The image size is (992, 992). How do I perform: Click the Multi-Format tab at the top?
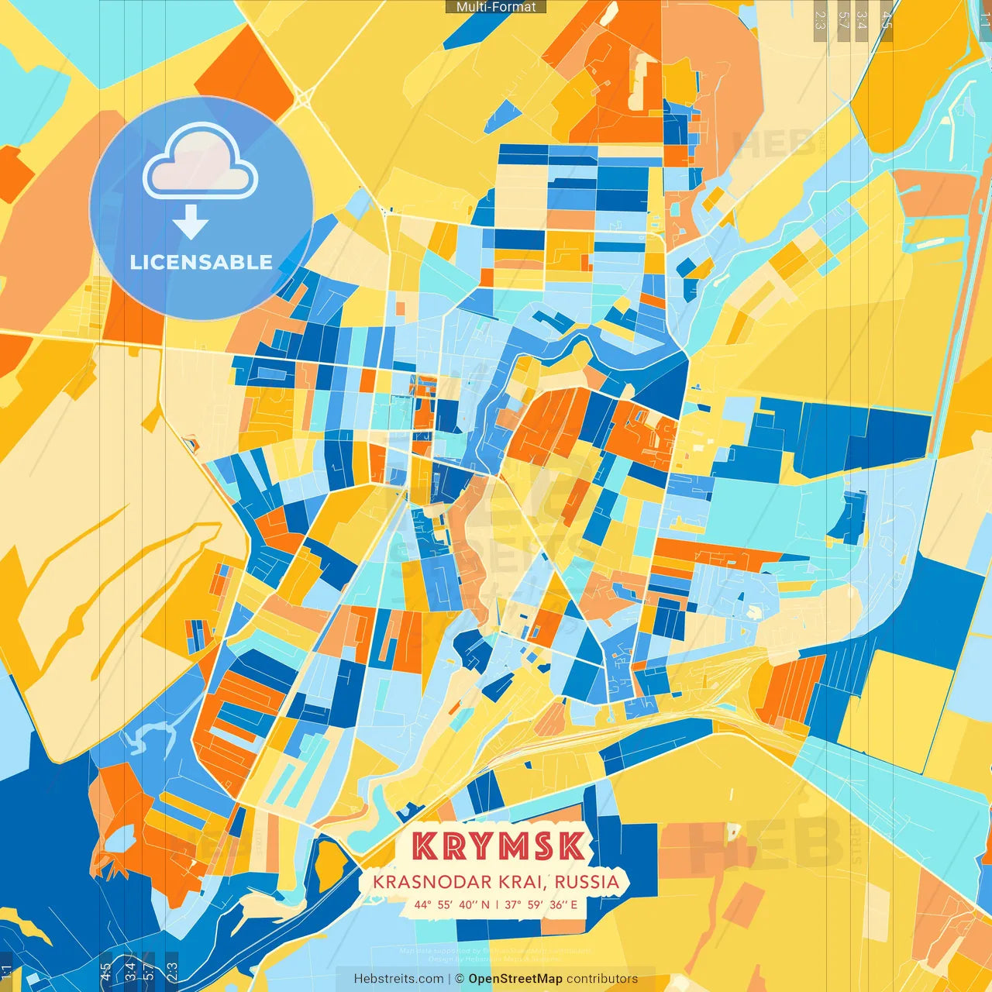point(496,7)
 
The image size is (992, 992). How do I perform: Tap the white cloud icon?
point(200,163)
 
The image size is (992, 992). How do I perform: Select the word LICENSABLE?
point(201,262)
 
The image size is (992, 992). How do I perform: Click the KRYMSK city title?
point(498,846)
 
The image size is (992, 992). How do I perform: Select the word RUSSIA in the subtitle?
point(587,882)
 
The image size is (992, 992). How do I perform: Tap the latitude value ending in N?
point(452,904)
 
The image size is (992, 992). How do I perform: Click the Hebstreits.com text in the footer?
point(398,979)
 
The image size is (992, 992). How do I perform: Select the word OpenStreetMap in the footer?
point(515,979)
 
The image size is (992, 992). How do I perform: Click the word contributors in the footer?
point(602,979)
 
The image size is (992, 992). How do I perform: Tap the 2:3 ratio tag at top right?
point(820,19)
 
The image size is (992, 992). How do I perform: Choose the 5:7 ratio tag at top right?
point(842,19)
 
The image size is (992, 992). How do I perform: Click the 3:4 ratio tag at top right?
point(862,19)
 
